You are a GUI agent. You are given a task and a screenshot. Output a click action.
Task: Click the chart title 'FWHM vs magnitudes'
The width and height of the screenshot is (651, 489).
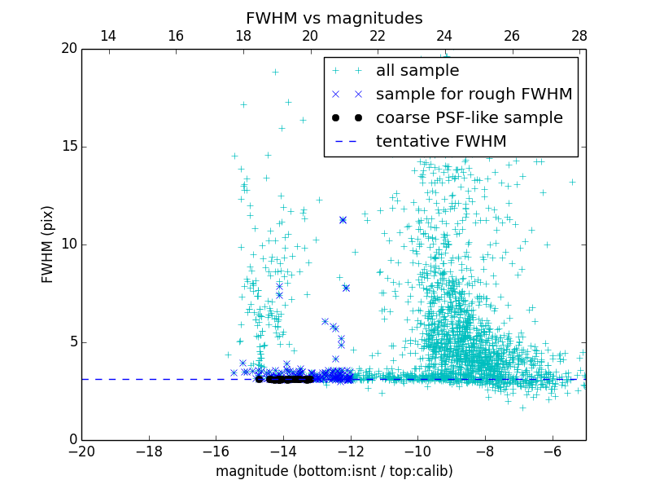(334, 18)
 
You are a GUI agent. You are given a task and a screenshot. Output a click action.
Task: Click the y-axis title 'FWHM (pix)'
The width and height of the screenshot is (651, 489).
(48, 244)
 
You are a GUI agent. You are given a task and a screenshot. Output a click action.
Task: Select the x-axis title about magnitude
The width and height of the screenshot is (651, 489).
(334, 471)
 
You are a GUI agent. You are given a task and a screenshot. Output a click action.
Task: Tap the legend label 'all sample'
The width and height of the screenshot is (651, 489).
(417, 71)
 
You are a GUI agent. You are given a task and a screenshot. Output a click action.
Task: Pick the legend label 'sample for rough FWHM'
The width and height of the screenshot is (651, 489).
(474, 95)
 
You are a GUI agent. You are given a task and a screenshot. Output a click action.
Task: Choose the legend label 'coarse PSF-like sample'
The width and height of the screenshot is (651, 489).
(469, 118)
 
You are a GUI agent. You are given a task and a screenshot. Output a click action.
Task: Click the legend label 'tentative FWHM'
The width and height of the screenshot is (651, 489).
(441, 142)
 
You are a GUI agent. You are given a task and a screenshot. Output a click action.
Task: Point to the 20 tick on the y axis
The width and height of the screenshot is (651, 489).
(68, 49)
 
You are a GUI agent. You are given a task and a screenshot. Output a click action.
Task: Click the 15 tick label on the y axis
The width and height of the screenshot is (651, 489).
(68, 147)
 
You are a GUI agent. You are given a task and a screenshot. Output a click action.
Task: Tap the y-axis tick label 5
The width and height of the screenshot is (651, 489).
(72, 342)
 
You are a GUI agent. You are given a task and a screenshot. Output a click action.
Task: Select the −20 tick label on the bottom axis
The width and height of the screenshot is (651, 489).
(81, 451)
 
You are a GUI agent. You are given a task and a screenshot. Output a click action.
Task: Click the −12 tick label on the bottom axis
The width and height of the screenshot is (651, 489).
(351, 451)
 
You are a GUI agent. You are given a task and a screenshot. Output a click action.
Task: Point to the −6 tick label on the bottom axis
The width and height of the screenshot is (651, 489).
(553, 451)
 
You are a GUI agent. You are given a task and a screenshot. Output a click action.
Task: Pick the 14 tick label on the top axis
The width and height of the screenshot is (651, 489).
(108, 36)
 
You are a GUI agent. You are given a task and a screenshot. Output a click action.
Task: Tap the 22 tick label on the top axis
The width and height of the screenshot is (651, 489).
(378, 36)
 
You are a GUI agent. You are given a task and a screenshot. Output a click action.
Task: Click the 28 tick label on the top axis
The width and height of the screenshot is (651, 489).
(579, 36)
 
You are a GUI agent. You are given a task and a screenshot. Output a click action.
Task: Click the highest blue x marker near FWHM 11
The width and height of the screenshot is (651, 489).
(343, 220)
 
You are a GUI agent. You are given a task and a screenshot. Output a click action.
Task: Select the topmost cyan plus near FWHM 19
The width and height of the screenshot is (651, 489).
(275, 72)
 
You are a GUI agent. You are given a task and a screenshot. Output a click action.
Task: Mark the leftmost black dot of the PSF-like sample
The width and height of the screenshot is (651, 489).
(259, 379)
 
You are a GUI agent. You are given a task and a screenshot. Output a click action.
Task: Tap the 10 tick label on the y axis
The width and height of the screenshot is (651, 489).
(68, 244)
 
